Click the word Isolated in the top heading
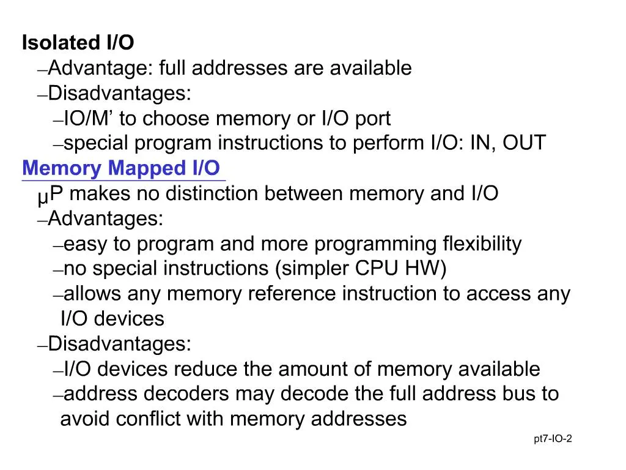(61, 42)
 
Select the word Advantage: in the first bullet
(100, 68)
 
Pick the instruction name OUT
(524, 143)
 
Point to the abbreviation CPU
(377, 268)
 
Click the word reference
(292, 294)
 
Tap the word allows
(92, 294)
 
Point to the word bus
(519, 394)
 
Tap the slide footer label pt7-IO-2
(553, 439)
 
